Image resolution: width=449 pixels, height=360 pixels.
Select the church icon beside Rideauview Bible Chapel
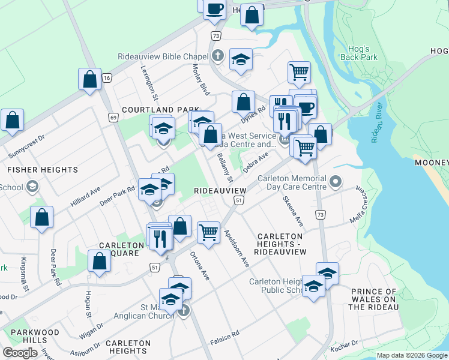pyautogui.click(x=218, y=56)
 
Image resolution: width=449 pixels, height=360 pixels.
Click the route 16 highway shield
pyautogui.click(x=107, y=78)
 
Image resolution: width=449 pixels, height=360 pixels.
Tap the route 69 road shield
pyautogui.click(x=113, y=118)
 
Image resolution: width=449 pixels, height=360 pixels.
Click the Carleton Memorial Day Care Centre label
pyautogui.click(x=292, y=182)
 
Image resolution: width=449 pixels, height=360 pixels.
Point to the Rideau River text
pyautogui.click(x=376, y=130)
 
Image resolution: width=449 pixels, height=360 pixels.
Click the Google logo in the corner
pyautogui.click(x=20, y=353)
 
